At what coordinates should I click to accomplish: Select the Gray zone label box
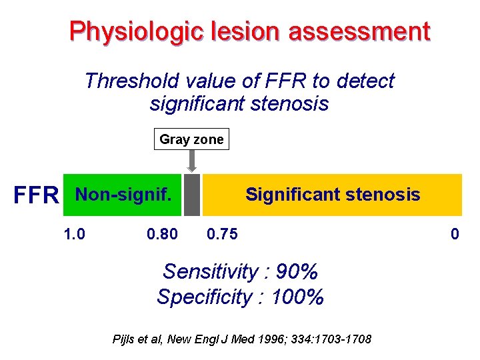(x=192, y=139)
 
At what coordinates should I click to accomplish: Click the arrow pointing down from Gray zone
(x=192, y=161)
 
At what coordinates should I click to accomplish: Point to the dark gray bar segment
(x=192, y=195)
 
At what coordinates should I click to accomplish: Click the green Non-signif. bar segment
(x=122, y=195)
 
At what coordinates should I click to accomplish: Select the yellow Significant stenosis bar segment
(x=332, y=195)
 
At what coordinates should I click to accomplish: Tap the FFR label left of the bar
(x=37, y=195)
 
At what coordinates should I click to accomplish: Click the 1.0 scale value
(x=74, y=234)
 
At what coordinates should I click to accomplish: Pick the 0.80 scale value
(x=162, y=234)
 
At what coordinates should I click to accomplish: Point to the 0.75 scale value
(x=222, y=234)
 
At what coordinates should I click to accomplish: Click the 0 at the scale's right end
(x=455, y=234)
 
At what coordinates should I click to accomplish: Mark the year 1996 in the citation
(x=262, y=340)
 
